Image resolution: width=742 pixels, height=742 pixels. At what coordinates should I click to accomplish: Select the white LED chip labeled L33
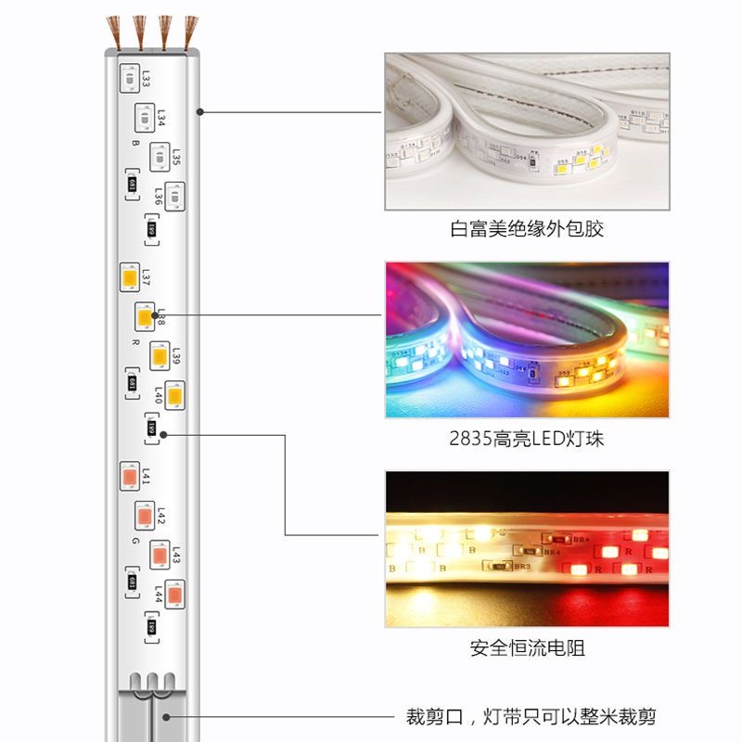(x=127, y=80)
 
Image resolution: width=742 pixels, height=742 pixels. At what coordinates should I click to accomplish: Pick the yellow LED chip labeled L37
(x=128, y=276)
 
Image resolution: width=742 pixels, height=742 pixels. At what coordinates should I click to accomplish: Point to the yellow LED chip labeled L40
(x=173, y=393)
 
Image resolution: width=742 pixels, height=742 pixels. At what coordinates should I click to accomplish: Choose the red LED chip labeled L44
(x=173, y=591)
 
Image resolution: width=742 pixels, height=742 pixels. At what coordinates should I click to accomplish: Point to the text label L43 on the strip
(x=175, y=555)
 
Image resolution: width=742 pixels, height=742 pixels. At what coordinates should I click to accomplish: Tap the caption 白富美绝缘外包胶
(x=526, y=229)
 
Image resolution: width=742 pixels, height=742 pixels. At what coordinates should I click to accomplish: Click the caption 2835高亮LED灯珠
(x=526, y=439)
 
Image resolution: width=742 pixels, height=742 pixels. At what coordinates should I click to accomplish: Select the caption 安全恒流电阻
(x=526, y=648)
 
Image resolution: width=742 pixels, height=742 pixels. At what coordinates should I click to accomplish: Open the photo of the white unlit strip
(x=526, y=131)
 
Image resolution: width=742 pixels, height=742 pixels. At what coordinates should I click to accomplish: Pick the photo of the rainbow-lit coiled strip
(x=526, y=339)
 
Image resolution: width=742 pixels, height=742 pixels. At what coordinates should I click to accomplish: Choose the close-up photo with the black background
(x=526, y=549)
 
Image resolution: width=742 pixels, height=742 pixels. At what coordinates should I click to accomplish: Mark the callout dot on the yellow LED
(x=155, y=315)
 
